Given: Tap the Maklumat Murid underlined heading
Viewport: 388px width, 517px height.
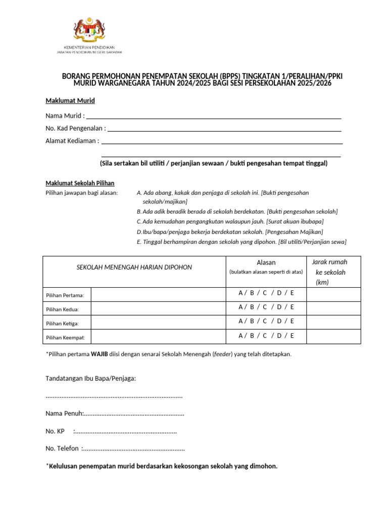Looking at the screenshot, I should click(70, 101).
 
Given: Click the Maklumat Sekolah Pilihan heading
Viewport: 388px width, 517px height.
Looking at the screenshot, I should click(80, 183).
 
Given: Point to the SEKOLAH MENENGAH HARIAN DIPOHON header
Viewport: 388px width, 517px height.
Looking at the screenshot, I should click(134, 267).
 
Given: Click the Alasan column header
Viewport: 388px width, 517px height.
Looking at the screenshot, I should click(266, 263).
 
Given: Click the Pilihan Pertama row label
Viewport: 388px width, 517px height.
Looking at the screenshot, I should click(65, 295).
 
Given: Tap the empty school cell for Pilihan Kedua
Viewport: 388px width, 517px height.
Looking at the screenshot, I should click(158, 308).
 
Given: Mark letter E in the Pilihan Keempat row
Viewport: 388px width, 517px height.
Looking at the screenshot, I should click(292, 336).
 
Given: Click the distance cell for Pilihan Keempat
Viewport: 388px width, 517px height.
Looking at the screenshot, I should click(333, 336).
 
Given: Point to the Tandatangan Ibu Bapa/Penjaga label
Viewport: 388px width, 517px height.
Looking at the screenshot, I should click(91, 378).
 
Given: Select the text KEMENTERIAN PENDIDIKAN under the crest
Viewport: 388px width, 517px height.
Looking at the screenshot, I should click(89, 47).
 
